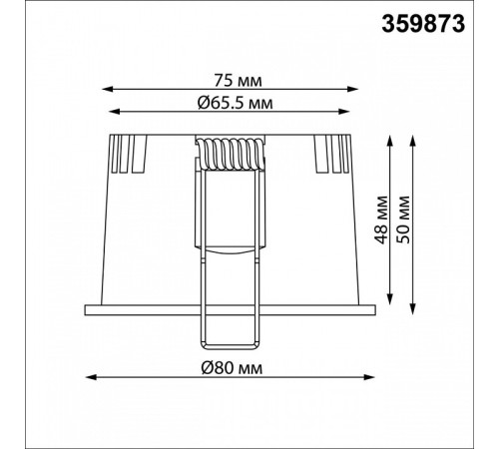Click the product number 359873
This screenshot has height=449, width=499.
click(423, 25)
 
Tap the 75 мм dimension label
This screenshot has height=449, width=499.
click(238, 81)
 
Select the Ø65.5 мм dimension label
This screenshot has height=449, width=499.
click(235, 103)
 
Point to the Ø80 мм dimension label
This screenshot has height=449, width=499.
click(232, 368)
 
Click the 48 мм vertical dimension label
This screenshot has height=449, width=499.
click(381, 220)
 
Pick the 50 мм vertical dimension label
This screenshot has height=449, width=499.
click(403, 220)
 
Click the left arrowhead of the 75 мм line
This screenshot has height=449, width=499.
click(107, 89)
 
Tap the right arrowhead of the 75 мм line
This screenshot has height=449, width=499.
click(352, 89)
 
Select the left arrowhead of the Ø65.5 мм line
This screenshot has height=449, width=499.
click(114, 112)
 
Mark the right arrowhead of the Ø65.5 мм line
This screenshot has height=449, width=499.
click(344, 112)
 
